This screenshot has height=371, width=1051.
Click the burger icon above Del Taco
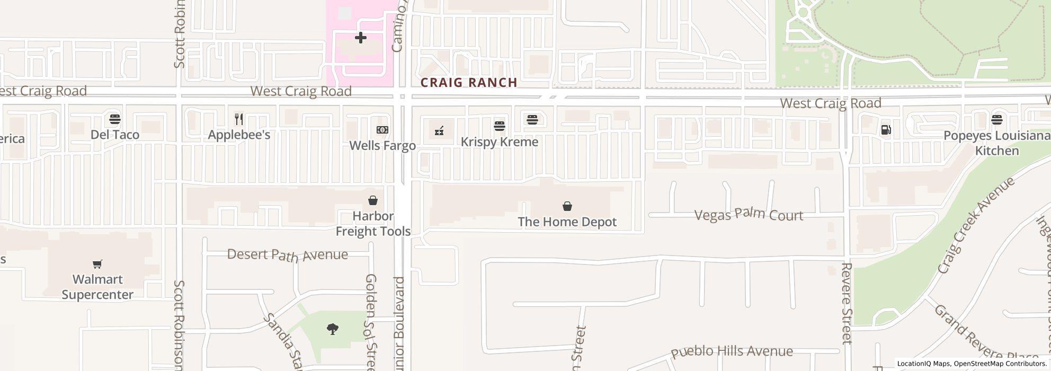point(115,119)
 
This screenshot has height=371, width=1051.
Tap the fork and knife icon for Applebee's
point(239,119)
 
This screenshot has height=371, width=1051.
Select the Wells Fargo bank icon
point(382,130)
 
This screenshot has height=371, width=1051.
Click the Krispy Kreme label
point(499,142)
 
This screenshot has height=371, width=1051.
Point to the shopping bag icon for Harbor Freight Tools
point(373,200)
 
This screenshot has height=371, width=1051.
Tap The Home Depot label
point(567,222)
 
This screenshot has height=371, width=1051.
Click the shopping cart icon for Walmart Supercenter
point(97,264)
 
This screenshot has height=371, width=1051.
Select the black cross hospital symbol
point(361,38)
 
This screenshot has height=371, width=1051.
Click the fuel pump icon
point(885,130)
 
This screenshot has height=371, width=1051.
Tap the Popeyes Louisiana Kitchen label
point(997,143)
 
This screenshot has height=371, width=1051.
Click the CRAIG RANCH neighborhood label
point(469,83)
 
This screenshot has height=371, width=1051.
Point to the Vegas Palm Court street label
point(749,215)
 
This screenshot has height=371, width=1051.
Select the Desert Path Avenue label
point(288,255)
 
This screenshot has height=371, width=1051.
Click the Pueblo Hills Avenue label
point(732,352)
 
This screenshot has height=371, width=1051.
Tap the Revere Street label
point(847,303)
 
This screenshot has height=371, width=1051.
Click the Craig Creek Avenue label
point(976,225)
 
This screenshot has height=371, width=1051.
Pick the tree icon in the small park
point(333,329)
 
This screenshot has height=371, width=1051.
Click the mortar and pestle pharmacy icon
point(439,131)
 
